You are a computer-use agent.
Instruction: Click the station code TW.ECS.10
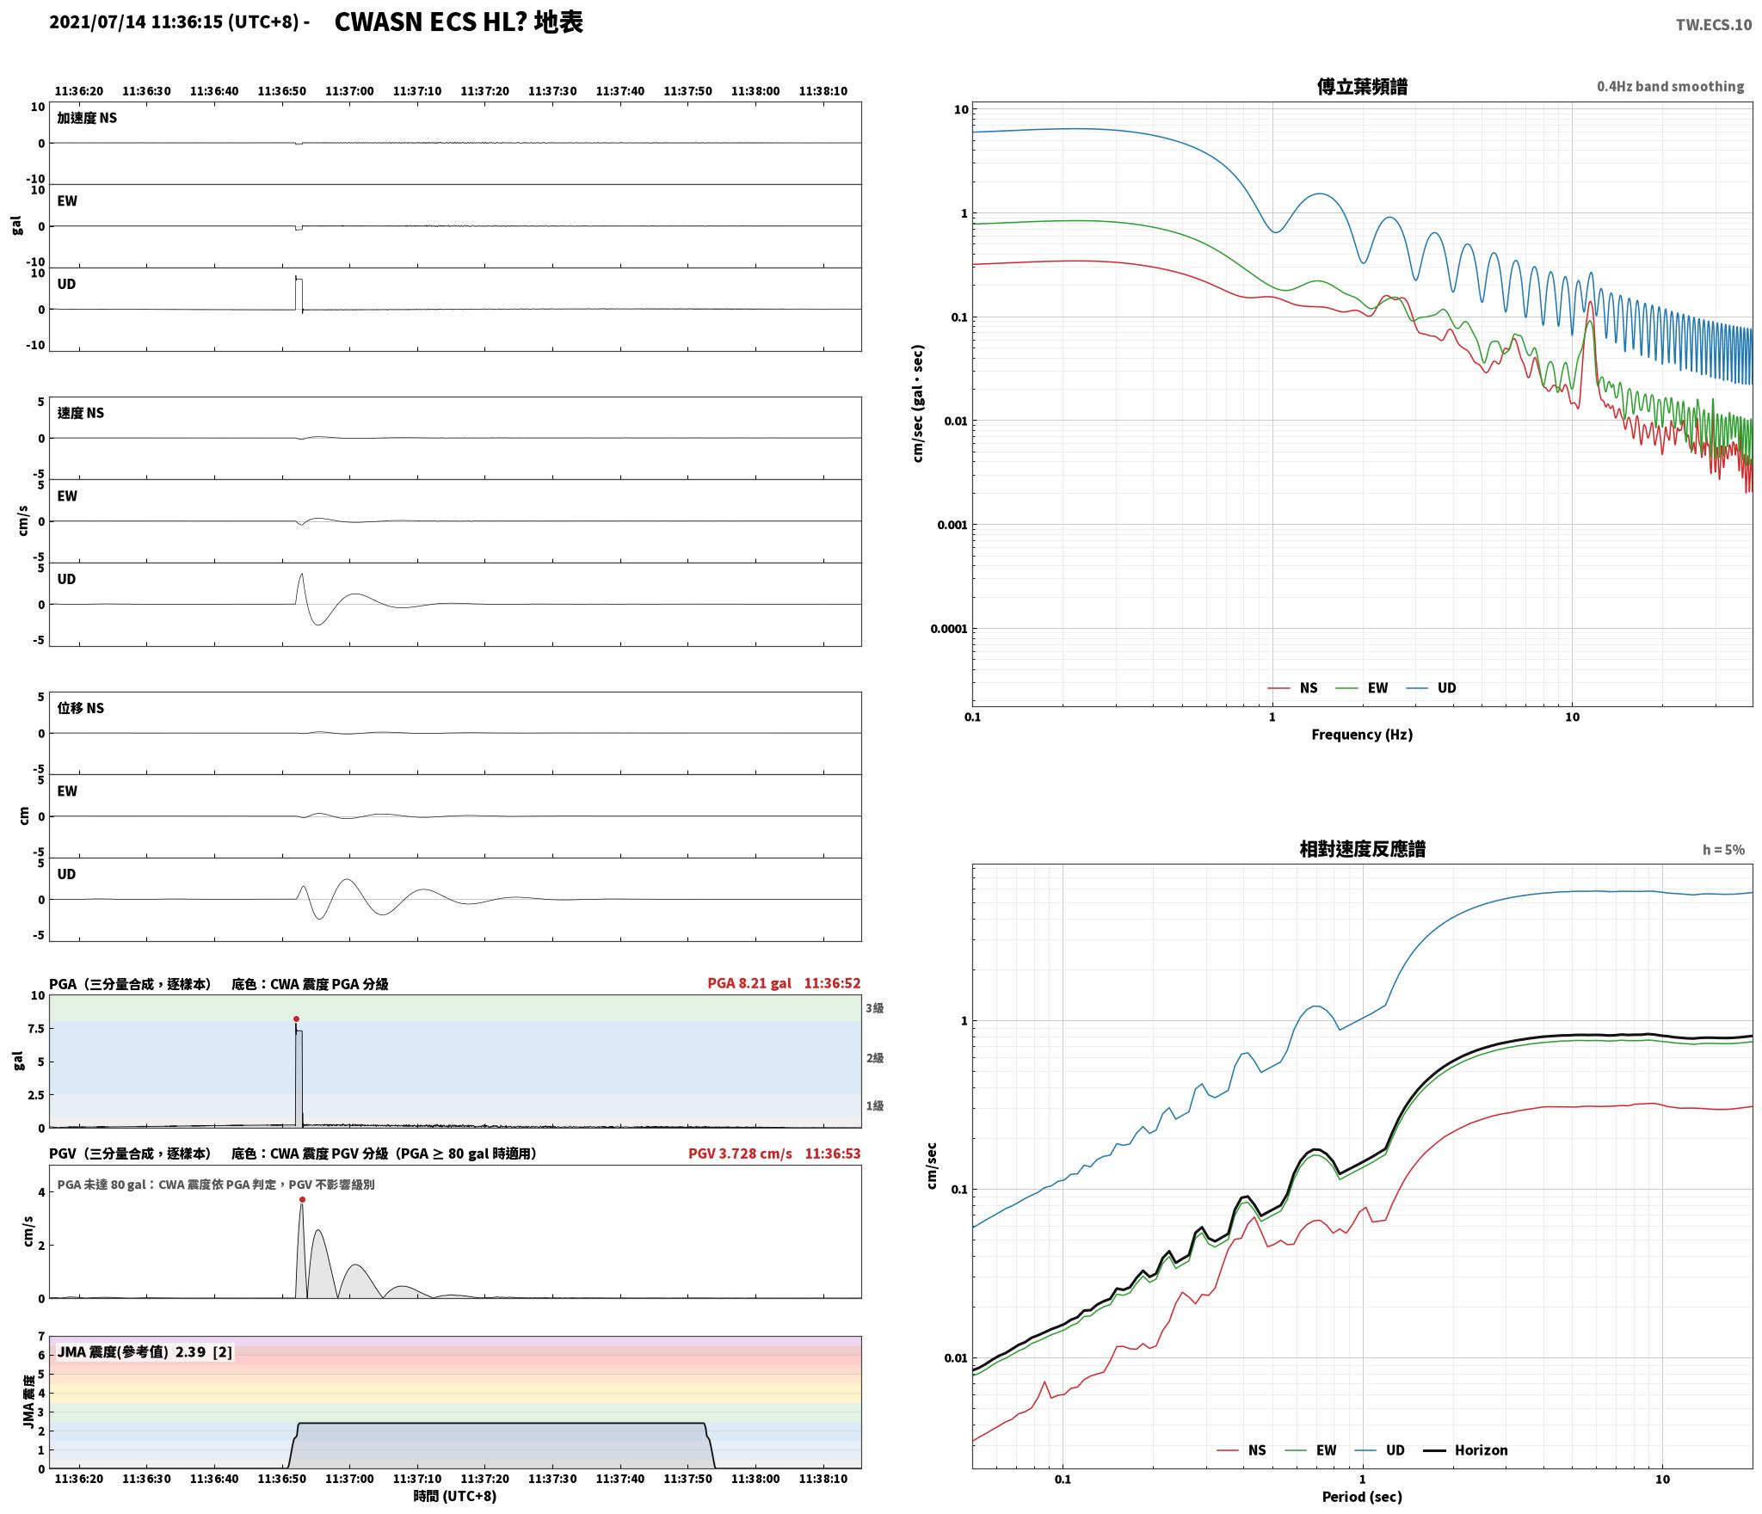[1713, 24]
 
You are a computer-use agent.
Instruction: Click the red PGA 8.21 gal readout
[749, 983]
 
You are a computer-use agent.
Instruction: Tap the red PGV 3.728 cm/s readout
[740, 1154]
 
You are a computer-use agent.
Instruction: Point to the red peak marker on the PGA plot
[296, 1019]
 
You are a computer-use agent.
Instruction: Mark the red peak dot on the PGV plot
[302, 1199]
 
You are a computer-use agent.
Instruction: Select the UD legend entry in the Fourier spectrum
[1432, 688]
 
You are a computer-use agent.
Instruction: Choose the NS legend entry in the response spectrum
[1241, 1450]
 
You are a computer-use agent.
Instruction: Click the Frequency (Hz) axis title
[1362, 735]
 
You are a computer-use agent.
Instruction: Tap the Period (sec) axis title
[1362, 1497]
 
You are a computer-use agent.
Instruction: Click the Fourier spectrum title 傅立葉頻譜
[1362, 87]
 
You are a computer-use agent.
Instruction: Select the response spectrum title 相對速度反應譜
[1362, 849]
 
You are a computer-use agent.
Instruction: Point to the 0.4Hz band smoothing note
[1670, 87]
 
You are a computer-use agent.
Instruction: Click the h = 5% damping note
[1723, 850]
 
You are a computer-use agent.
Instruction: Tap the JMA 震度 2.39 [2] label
[145, 1352]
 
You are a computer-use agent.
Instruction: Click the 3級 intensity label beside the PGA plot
[875, 1008]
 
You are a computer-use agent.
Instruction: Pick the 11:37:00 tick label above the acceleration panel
[350, 91]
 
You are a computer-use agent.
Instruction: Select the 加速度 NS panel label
[87, 118]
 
